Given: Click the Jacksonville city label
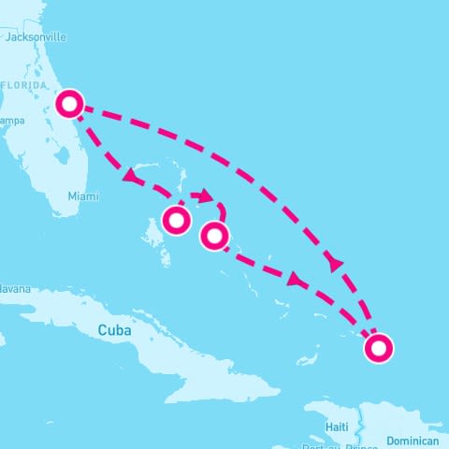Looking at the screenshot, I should pyautogui.click(x=36, y=37).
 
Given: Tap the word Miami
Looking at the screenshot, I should pyautogui.click(x=81, y=196).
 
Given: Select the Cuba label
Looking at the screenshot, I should pyautogui.click(x=114, y=330).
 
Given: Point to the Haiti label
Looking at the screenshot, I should pyautogui.click(x=337, y=427).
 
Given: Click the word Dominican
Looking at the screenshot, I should pyautogui.click(x=413, y=441).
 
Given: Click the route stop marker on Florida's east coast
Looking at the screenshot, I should pyautogui.click(x=68, y=103).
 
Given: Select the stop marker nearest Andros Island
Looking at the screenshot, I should pyautogui.click(x=176, y=221).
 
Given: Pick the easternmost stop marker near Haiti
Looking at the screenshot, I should pyautogui.click(x=378, y=349).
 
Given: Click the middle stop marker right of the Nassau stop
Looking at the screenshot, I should pyautogui.click(x=215, y=237).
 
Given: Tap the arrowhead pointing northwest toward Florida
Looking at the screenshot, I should pyautogui.click(x=128, y=174).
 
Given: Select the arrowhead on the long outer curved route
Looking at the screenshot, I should pyautogui.click(x=337, y=266).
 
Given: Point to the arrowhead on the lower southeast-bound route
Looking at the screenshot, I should pyautogui.click(x=297, y=279).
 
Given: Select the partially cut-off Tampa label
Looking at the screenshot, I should pyautogui.click(x=11, y=121).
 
